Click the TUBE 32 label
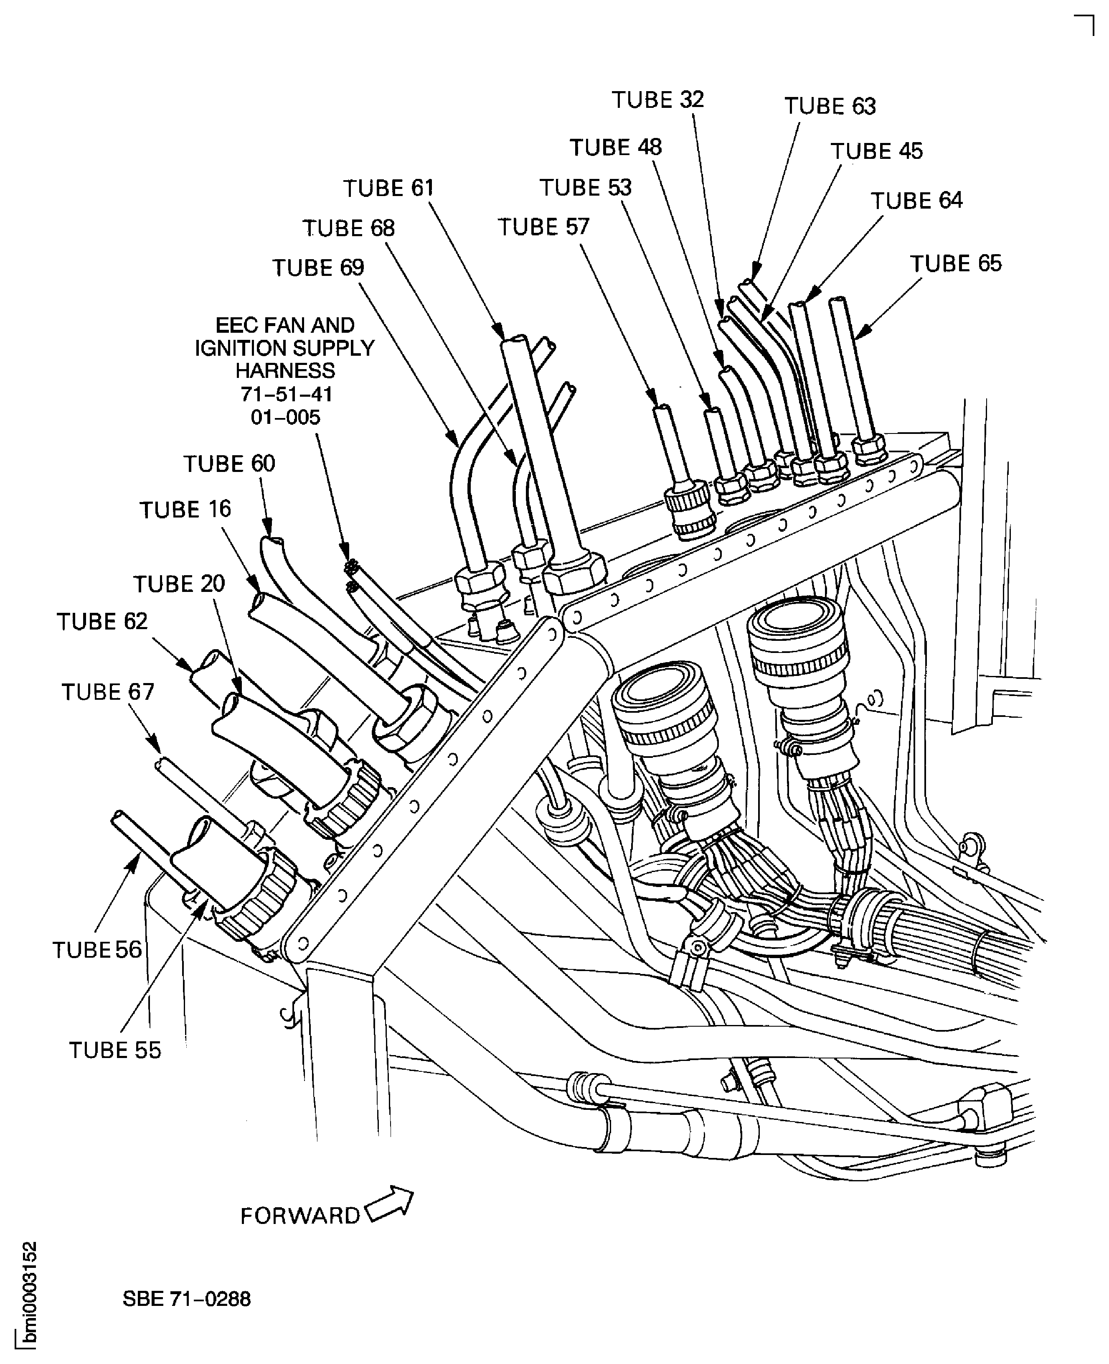pyautogui.click(x=657, y=100)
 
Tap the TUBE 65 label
pyautogui.click(x=956, y=263)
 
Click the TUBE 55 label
pyautogui.click(x=115, y=1050)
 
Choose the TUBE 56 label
pyautogui.click(x=97, y=950)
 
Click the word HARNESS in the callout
pyautogui.click(x=285, y=371)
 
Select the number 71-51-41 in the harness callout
pyautogui.click(x=286, y=394)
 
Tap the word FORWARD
pyautogui.click(x=299, y=1216)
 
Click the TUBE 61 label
pyautogui.click(x=388, y=188)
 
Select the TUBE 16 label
pyautogui.click(x=185, y=510)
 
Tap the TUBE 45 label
pyautogui.click(x=876, y=151)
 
